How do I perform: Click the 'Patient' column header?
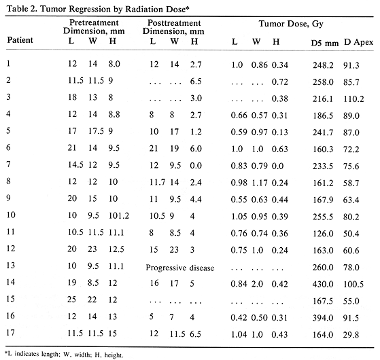point(21,39)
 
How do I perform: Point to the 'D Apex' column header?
point(359,43)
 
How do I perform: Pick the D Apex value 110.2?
point(358,98)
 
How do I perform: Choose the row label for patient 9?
point(10,198)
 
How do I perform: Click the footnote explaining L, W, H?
point(65,353)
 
